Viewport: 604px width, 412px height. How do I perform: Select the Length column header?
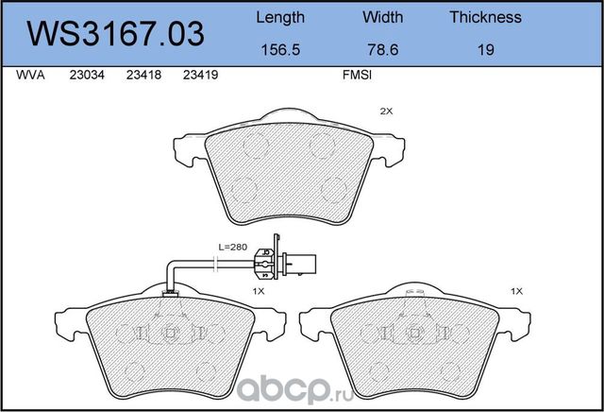click(280, 17)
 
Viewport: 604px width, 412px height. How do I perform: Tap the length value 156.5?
click(280, 50)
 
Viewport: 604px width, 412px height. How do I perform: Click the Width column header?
click(382, 17)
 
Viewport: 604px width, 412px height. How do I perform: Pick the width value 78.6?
click(382, 50)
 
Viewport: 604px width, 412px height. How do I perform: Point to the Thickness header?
click(485, 17)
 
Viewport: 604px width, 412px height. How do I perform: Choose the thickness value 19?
click(485, 50)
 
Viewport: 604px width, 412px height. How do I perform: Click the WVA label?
click(29, 81)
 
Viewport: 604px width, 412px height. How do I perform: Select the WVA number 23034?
click(87, 81)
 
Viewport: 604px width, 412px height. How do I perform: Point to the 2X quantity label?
click(385, 112)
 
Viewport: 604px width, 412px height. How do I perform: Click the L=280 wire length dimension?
click(232, 247)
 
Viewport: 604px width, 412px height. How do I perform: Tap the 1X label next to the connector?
click(257, 292)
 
